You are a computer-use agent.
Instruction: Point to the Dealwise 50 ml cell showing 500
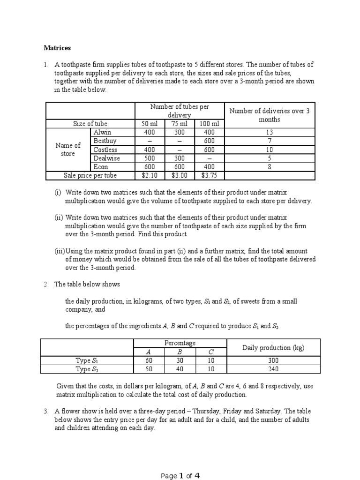pos(147,158)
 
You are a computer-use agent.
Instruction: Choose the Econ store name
pos(101,167)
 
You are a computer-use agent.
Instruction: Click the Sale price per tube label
pos(90,175)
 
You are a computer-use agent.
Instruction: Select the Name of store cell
pos(68,150)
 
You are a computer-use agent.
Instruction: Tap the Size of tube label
pos(90,124)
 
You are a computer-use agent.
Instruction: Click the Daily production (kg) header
pos(273,347)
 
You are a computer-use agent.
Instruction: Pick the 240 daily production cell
pos(273,369)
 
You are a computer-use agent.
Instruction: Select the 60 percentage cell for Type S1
pos(150,360)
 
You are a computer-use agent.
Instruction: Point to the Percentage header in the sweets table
pos(180,343)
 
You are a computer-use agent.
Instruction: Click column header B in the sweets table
pos(180,352)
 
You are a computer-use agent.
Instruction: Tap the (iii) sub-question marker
pos(60,251)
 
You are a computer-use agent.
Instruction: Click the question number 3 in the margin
pos(46,411)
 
